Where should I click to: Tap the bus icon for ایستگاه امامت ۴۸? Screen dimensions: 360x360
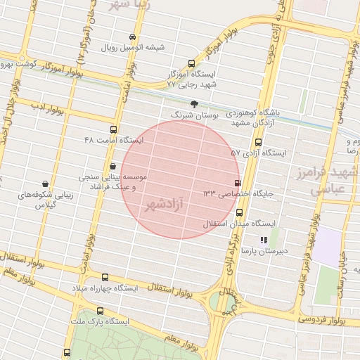[113, 130]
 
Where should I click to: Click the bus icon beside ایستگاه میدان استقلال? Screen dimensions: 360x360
[240, 212]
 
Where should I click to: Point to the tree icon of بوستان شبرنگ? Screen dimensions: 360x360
[194, 103]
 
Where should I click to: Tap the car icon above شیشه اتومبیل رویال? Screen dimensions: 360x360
[132, 37]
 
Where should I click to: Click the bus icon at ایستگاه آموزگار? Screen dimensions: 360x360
[193, 64]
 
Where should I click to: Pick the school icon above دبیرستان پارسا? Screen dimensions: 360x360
[264, 240]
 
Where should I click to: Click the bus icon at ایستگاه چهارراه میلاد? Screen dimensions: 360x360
[105, 278]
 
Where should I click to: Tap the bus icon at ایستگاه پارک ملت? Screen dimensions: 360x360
[100, 310]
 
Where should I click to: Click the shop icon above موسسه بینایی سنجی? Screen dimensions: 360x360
[112, 166]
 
